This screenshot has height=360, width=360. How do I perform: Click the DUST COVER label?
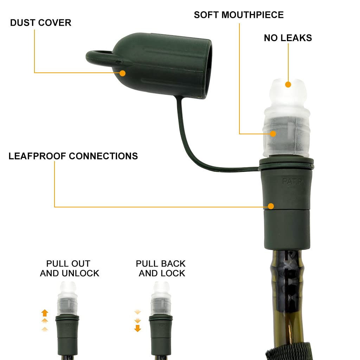pyautogui.click(x=40, y=23)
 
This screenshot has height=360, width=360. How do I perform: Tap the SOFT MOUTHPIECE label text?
pyautogui.click(x=239, y=15)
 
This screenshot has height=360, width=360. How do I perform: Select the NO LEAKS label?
pyautogui.click(x=288, y=38)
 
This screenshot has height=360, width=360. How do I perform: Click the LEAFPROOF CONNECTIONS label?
pyautogui.click(x=73, y=156)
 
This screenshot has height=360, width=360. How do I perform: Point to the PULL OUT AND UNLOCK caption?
pyautogui.click(x=69, y=268)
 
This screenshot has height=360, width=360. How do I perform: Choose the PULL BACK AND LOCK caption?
pyautogui.click(x=161, y=268)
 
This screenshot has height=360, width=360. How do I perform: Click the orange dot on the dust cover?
pyautogui.click(x=122, y=73)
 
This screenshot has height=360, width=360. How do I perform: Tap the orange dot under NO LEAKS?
pyautogui.click(x=288, y=84)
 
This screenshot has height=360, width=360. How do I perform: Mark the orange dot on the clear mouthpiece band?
pyautogui.click(x=273, y=134)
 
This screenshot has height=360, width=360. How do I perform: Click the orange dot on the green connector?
pyautogui.click(x=271, y=206)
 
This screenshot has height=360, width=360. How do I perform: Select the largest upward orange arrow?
pyautogui.click(x=45, y=312)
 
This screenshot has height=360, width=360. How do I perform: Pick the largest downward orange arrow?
pyautogui.click(x=137, y=329)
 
